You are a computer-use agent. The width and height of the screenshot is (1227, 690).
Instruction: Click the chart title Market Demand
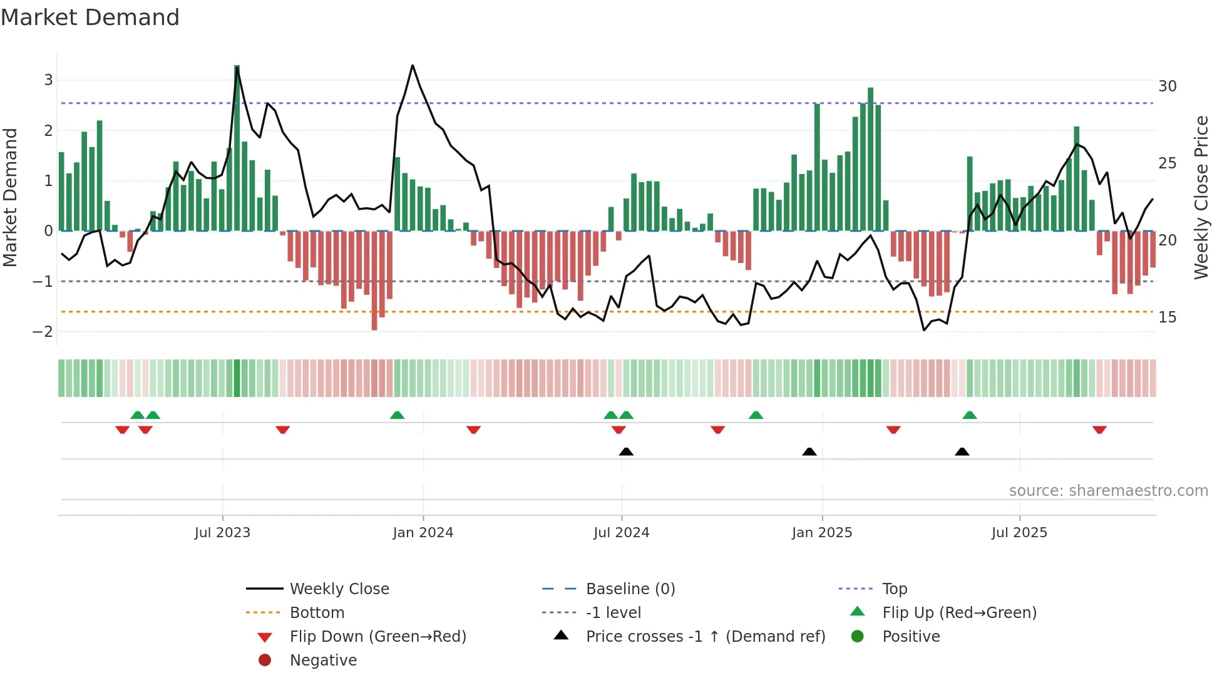click(x=90, y=18)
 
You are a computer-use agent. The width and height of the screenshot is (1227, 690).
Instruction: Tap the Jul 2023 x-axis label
click(x=222, y=533)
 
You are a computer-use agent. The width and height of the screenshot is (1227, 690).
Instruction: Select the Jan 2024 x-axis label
click(x=423, y=533)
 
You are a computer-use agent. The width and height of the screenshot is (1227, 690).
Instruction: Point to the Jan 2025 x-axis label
click(x=821, y=533)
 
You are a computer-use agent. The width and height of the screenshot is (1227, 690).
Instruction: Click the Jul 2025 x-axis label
click(x=1019, y=533)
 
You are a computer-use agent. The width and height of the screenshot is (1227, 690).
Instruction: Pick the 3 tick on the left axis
click(x=48, y=80)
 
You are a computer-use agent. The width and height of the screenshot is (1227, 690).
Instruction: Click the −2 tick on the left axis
click(x=43, y=332)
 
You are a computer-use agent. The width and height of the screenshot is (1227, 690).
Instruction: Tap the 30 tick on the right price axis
click(x=1167, y=86)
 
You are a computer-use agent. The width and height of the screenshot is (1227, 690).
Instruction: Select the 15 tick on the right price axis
click(x=1167, y=317)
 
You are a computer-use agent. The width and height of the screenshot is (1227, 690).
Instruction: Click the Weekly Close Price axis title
click(x=1201, y=197)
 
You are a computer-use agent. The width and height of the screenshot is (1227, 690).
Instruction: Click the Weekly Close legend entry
click(x=339, y=589)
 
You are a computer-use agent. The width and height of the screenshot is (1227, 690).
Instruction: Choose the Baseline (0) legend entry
click(x=630, y=589)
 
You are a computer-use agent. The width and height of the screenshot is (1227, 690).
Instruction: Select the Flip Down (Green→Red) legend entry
click(x=377, y=637)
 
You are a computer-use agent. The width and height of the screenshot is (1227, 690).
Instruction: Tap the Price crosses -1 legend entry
click(x=705, y=637)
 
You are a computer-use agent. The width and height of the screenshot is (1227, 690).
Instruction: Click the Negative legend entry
click(x=323, y=661)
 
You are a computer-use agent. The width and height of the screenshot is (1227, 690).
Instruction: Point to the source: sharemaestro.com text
click(x=1108, y=491)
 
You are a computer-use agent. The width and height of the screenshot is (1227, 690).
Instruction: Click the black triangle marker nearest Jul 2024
click(x=626, y=451)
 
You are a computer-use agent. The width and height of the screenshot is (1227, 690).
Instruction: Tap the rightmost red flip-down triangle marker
click(x=1099, y=430)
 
